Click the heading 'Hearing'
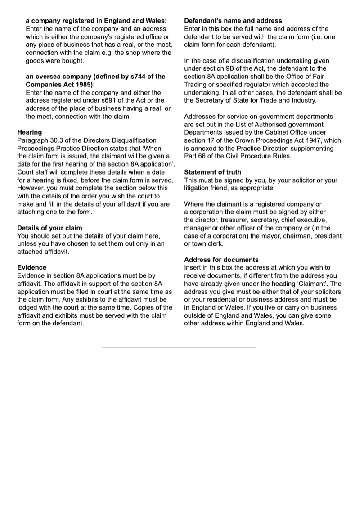[29, 132]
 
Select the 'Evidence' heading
[31, 267]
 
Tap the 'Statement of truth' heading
[212, 172]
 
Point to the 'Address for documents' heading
[221, 260]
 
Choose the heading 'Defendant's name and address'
[233, 21]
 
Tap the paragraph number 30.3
[58, 140]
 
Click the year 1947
[312, 140]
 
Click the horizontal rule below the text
[179, 347]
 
